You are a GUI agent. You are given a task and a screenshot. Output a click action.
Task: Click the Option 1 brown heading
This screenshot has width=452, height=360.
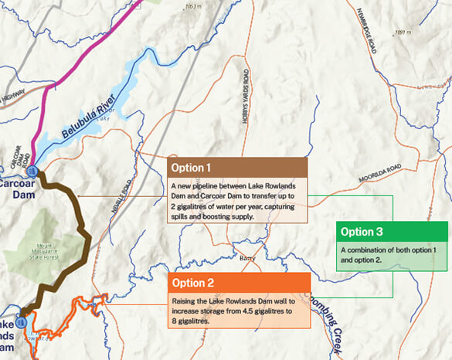(x=192, y=167)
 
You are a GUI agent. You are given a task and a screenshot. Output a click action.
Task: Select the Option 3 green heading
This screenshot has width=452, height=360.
(x=362, y=232)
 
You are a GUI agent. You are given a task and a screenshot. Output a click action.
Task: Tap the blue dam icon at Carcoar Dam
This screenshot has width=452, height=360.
(x=32, y=170)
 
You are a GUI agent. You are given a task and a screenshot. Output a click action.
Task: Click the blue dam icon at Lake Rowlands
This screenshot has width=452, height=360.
(x=22, y=319)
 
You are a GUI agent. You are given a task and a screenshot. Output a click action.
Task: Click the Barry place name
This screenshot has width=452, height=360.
(x=247, y=258)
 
